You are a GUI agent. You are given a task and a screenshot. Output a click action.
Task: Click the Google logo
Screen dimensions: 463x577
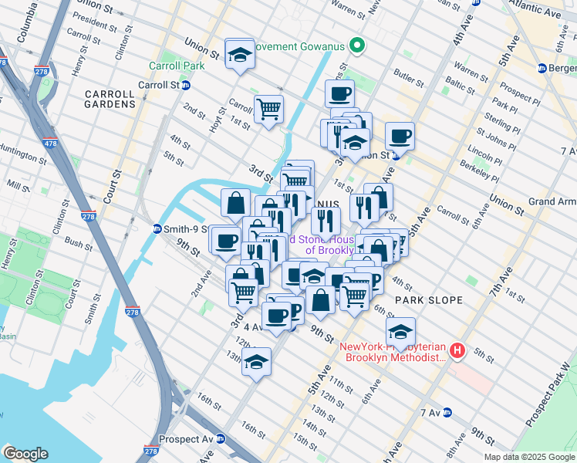pyautogui.click(x=25, y=454)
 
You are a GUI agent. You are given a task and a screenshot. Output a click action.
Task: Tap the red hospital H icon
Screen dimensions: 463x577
pyautogui.click(x=457, y=351)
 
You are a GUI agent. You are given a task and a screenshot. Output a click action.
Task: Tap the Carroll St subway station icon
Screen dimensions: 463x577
pyautogui.click(x=186, y=85)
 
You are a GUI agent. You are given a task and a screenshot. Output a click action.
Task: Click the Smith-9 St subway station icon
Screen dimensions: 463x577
pyautogui.click(x=157, y=228)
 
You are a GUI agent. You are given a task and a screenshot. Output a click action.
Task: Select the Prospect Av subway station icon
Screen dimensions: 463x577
pyautogui.click(x=221, y=439)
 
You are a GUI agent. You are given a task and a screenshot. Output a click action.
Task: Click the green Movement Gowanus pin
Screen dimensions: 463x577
pyautogui.click(x=356, y=47)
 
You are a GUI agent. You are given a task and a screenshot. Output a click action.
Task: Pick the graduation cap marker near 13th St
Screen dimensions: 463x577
pyautogui.click(x=255, y=361)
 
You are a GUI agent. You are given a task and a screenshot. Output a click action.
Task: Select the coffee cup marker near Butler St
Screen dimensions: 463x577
pyautogui.click(x=339, y=94)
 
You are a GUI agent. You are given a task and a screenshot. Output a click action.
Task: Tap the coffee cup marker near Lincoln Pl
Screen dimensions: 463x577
pyautogui.click(x=400, y=137)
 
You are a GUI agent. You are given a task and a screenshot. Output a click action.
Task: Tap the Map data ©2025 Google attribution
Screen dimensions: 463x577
pyautogui.click(x=529, y=457)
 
